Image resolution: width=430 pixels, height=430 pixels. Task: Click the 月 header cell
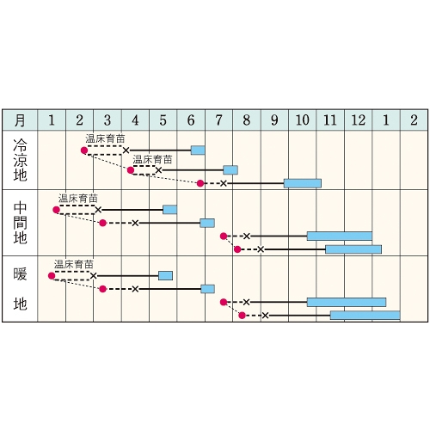(20, 120)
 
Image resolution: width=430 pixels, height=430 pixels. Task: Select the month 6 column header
(191, 120)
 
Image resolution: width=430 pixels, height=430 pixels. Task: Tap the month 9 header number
(274, 120)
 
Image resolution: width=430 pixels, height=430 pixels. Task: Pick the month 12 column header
(359, 120)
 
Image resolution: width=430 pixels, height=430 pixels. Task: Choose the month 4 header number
(135, 120)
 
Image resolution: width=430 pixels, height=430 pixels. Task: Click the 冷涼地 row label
(20, 160)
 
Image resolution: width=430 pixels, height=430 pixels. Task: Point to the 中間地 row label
(20, 223)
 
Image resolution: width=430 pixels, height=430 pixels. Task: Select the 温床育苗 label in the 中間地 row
(78, 199)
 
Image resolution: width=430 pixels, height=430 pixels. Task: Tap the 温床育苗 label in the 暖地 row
(74, 264)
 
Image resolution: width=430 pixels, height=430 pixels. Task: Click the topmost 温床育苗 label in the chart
(105, 139)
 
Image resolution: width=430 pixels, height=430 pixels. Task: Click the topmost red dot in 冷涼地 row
(84, 150)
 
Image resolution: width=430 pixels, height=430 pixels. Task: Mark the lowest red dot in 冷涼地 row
(200, 183)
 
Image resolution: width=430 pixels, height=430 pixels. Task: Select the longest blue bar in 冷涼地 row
(303, 183)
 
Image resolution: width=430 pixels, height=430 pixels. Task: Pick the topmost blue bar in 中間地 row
(169, 210)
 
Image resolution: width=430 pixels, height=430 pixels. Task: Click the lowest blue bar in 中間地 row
(353, 249)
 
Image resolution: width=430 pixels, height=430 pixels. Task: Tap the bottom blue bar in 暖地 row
(365, 316)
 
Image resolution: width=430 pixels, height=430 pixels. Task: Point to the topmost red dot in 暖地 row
(52, 276)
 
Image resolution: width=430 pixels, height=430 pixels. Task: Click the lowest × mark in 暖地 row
(265, 316)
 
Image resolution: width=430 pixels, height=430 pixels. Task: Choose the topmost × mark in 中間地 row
(98, 210)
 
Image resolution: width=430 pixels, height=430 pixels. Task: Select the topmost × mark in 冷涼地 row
(126, 150)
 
